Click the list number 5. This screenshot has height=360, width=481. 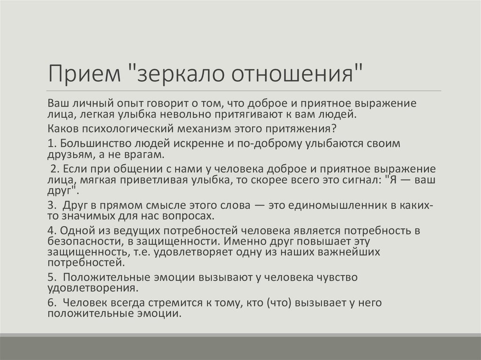(x=52, y=277)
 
